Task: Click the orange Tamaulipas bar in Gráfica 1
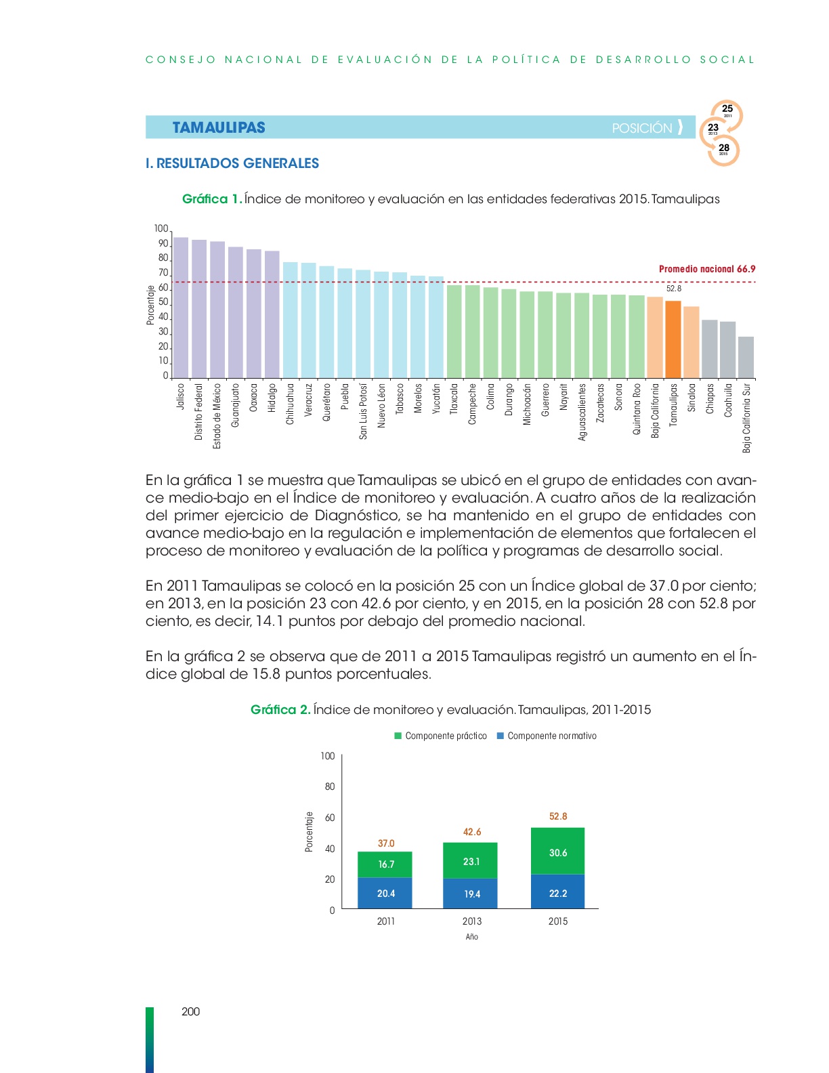(673, 340)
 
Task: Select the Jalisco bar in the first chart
(181, 308)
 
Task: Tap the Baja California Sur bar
(746, 358)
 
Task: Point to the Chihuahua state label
(290, 404)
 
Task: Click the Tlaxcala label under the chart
(454, 398)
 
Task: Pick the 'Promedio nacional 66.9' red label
(707, 269)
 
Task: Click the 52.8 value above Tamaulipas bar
(673, 289)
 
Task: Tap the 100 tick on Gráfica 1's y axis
(161, 229)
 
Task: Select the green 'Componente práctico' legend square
(398, 736)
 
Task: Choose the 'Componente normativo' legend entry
(547, 736)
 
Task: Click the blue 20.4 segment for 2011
(385, 893)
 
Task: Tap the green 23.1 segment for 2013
(470, 860)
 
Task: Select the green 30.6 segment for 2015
(557, 851)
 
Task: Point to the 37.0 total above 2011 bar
(386, 843)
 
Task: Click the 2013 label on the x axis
(472, 921)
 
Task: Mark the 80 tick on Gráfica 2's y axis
(330, 786)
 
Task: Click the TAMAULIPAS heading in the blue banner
(219, 127)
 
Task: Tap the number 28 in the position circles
(724, 148)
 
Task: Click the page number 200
(190, 1012)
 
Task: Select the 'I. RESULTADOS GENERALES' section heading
(232, 163)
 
